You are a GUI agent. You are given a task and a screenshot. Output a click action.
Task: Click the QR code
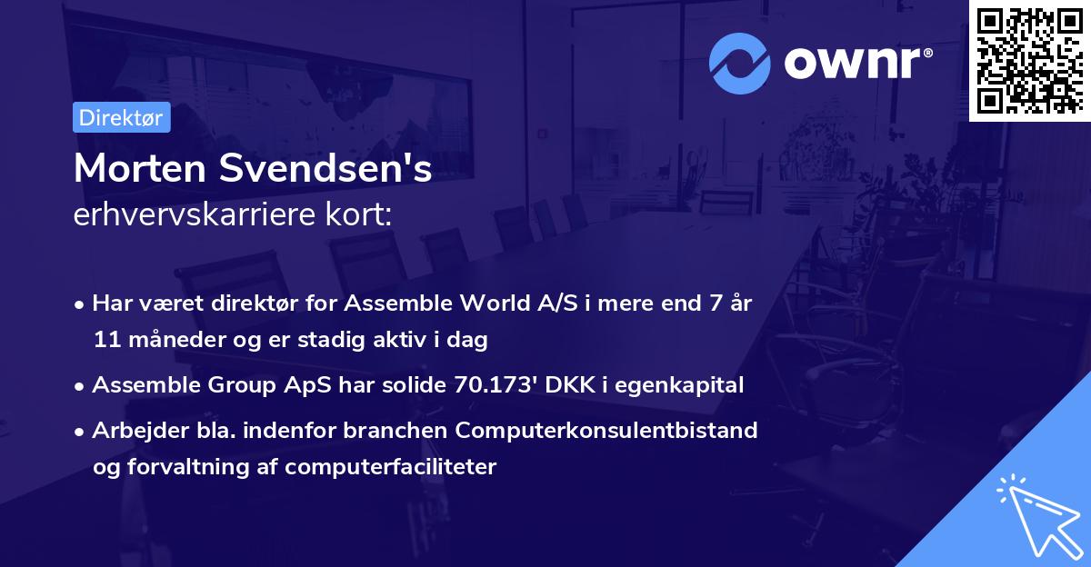(1029, 60)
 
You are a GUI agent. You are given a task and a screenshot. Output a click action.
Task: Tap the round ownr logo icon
(740, 64)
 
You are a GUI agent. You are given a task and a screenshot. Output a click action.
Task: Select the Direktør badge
(121, 117)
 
